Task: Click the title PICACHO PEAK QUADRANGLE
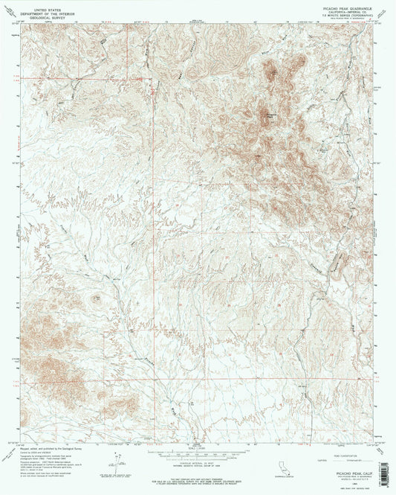tap(346, 7)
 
